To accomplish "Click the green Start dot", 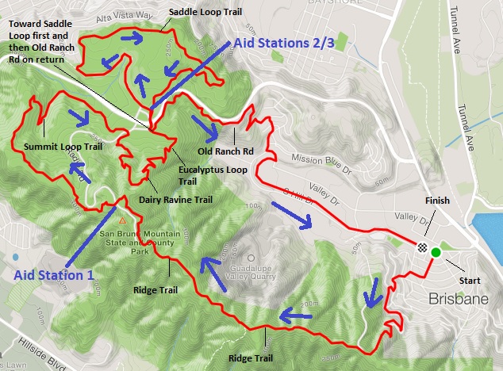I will point(436,252).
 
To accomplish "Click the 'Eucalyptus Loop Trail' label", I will point(202,174).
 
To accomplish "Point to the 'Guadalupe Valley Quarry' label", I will point(251,274).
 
